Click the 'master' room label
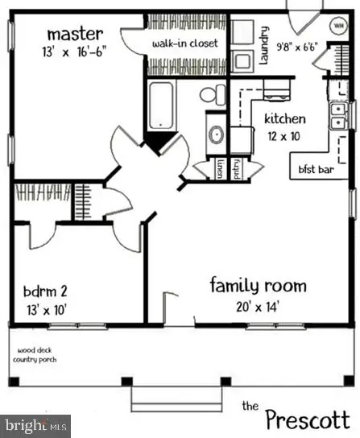click(x=74, y=34)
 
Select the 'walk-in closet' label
click(x=185, y=43)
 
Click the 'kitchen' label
click(x=285, y=119)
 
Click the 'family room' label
click(x=258, y=285)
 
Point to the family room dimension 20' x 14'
click(x=258, y=306)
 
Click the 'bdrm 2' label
click(x=47, y=291)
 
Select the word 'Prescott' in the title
click(x=308, y=418)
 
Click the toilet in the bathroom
click(x=210, y=94)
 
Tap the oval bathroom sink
click(x=216, y=134)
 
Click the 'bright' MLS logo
click(x=35, y=425)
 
